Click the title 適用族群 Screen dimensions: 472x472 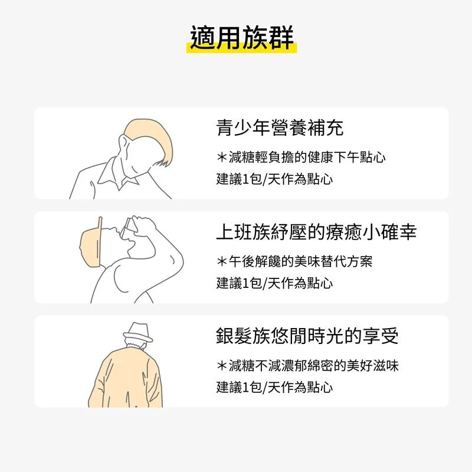(242, 37)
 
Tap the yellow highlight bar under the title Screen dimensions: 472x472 (242, 49)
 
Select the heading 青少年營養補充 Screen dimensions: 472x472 (280, 127)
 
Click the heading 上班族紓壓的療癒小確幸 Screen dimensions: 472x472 (316, 232)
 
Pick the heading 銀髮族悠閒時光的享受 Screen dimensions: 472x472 (307, 336)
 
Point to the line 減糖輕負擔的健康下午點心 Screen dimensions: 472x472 (307, 157)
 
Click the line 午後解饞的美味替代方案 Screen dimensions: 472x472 (300, 261)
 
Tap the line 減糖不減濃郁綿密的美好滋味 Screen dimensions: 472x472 (314, 365)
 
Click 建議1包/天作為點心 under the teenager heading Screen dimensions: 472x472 (274, 179)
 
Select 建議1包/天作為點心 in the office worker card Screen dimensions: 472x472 (274, 283)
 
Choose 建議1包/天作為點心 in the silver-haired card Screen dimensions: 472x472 (274, 387)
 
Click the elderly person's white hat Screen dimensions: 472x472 (138, 333)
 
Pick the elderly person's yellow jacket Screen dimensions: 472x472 (125, 379)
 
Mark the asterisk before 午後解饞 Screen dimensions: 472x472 (222, 261)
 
